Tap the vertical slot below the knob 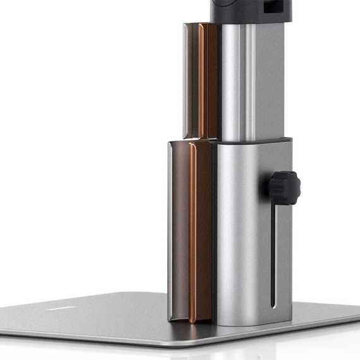tap(273, 253)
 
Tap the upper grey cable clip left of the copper tap(190, 81)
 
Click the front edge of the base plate tap(158, 344)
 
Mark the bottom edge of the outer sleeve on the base tap(253, 323)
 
